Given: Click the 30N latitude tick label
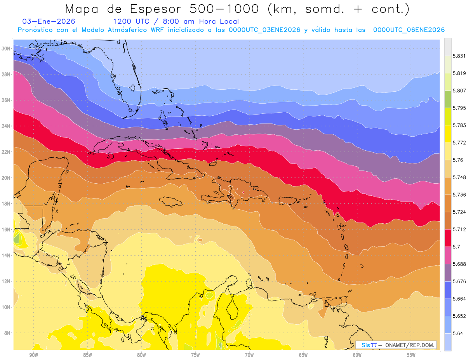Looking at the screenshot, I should click(6, 49).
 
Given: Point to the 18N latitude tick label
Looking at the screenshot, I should click(6, 203).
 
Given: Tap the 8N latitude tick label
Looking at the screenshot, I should click(7, 333).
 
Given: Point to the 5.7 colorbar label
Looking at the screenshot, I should click(457, 247).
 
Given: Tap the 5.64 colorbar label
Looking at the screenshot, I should click(458, 333).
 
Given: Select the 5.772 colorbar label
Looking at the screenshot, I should click(459, 143).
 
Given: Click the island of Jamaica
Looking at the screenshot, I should click(170, 202).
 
